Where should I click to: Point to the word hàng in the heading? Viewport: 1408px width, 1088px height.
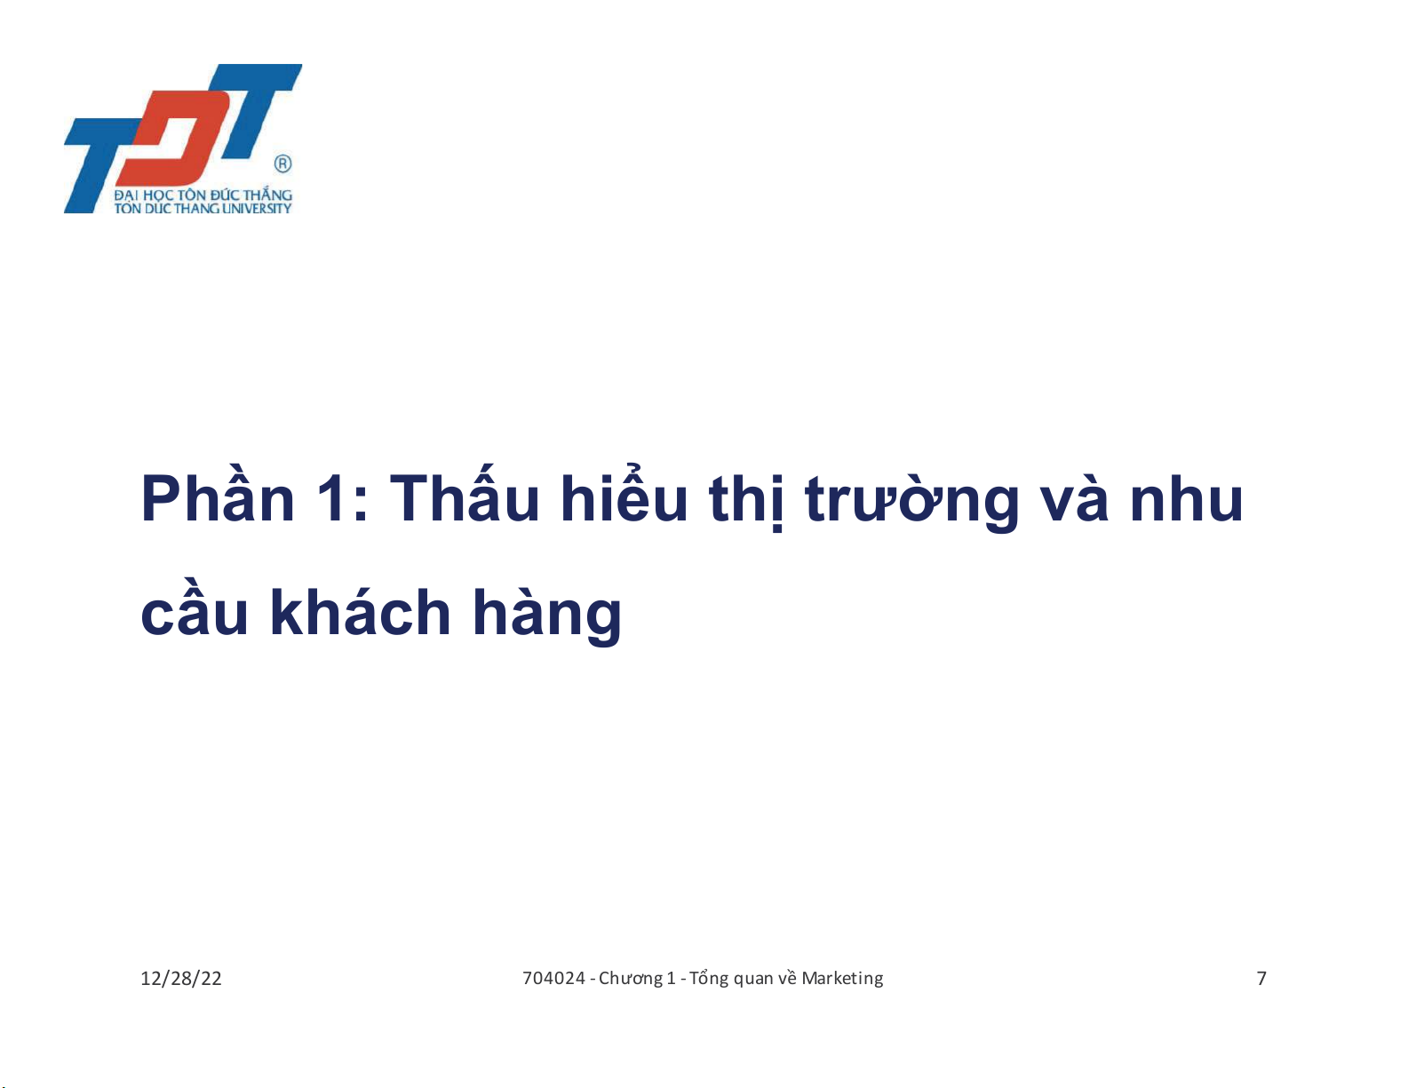[x=547, y=615]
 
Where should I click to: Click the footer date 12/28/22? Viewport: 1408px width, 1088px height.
[x=181, y=979]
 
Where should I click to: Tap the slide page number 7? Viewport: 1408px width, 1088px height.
[x=1261, y=979]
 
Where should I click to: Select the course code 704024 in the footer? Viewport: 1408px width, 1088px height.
[x=554, y=978]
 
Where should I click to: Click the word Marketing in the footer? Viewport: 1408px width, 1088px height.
[x=842, y=979]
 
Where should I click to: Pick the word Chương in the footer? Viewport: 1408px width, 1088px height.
[x=627, y=979]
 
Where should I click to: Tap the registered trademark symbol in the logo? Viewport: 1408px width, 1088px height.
[x=283, y=163]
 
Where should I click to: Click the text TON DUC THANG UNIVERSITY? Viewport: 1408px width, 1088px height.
[x=203, y=209]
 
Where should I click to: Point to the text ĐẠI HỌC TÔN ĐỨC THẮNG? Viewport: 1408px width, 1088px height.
[x=203, y=195]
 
